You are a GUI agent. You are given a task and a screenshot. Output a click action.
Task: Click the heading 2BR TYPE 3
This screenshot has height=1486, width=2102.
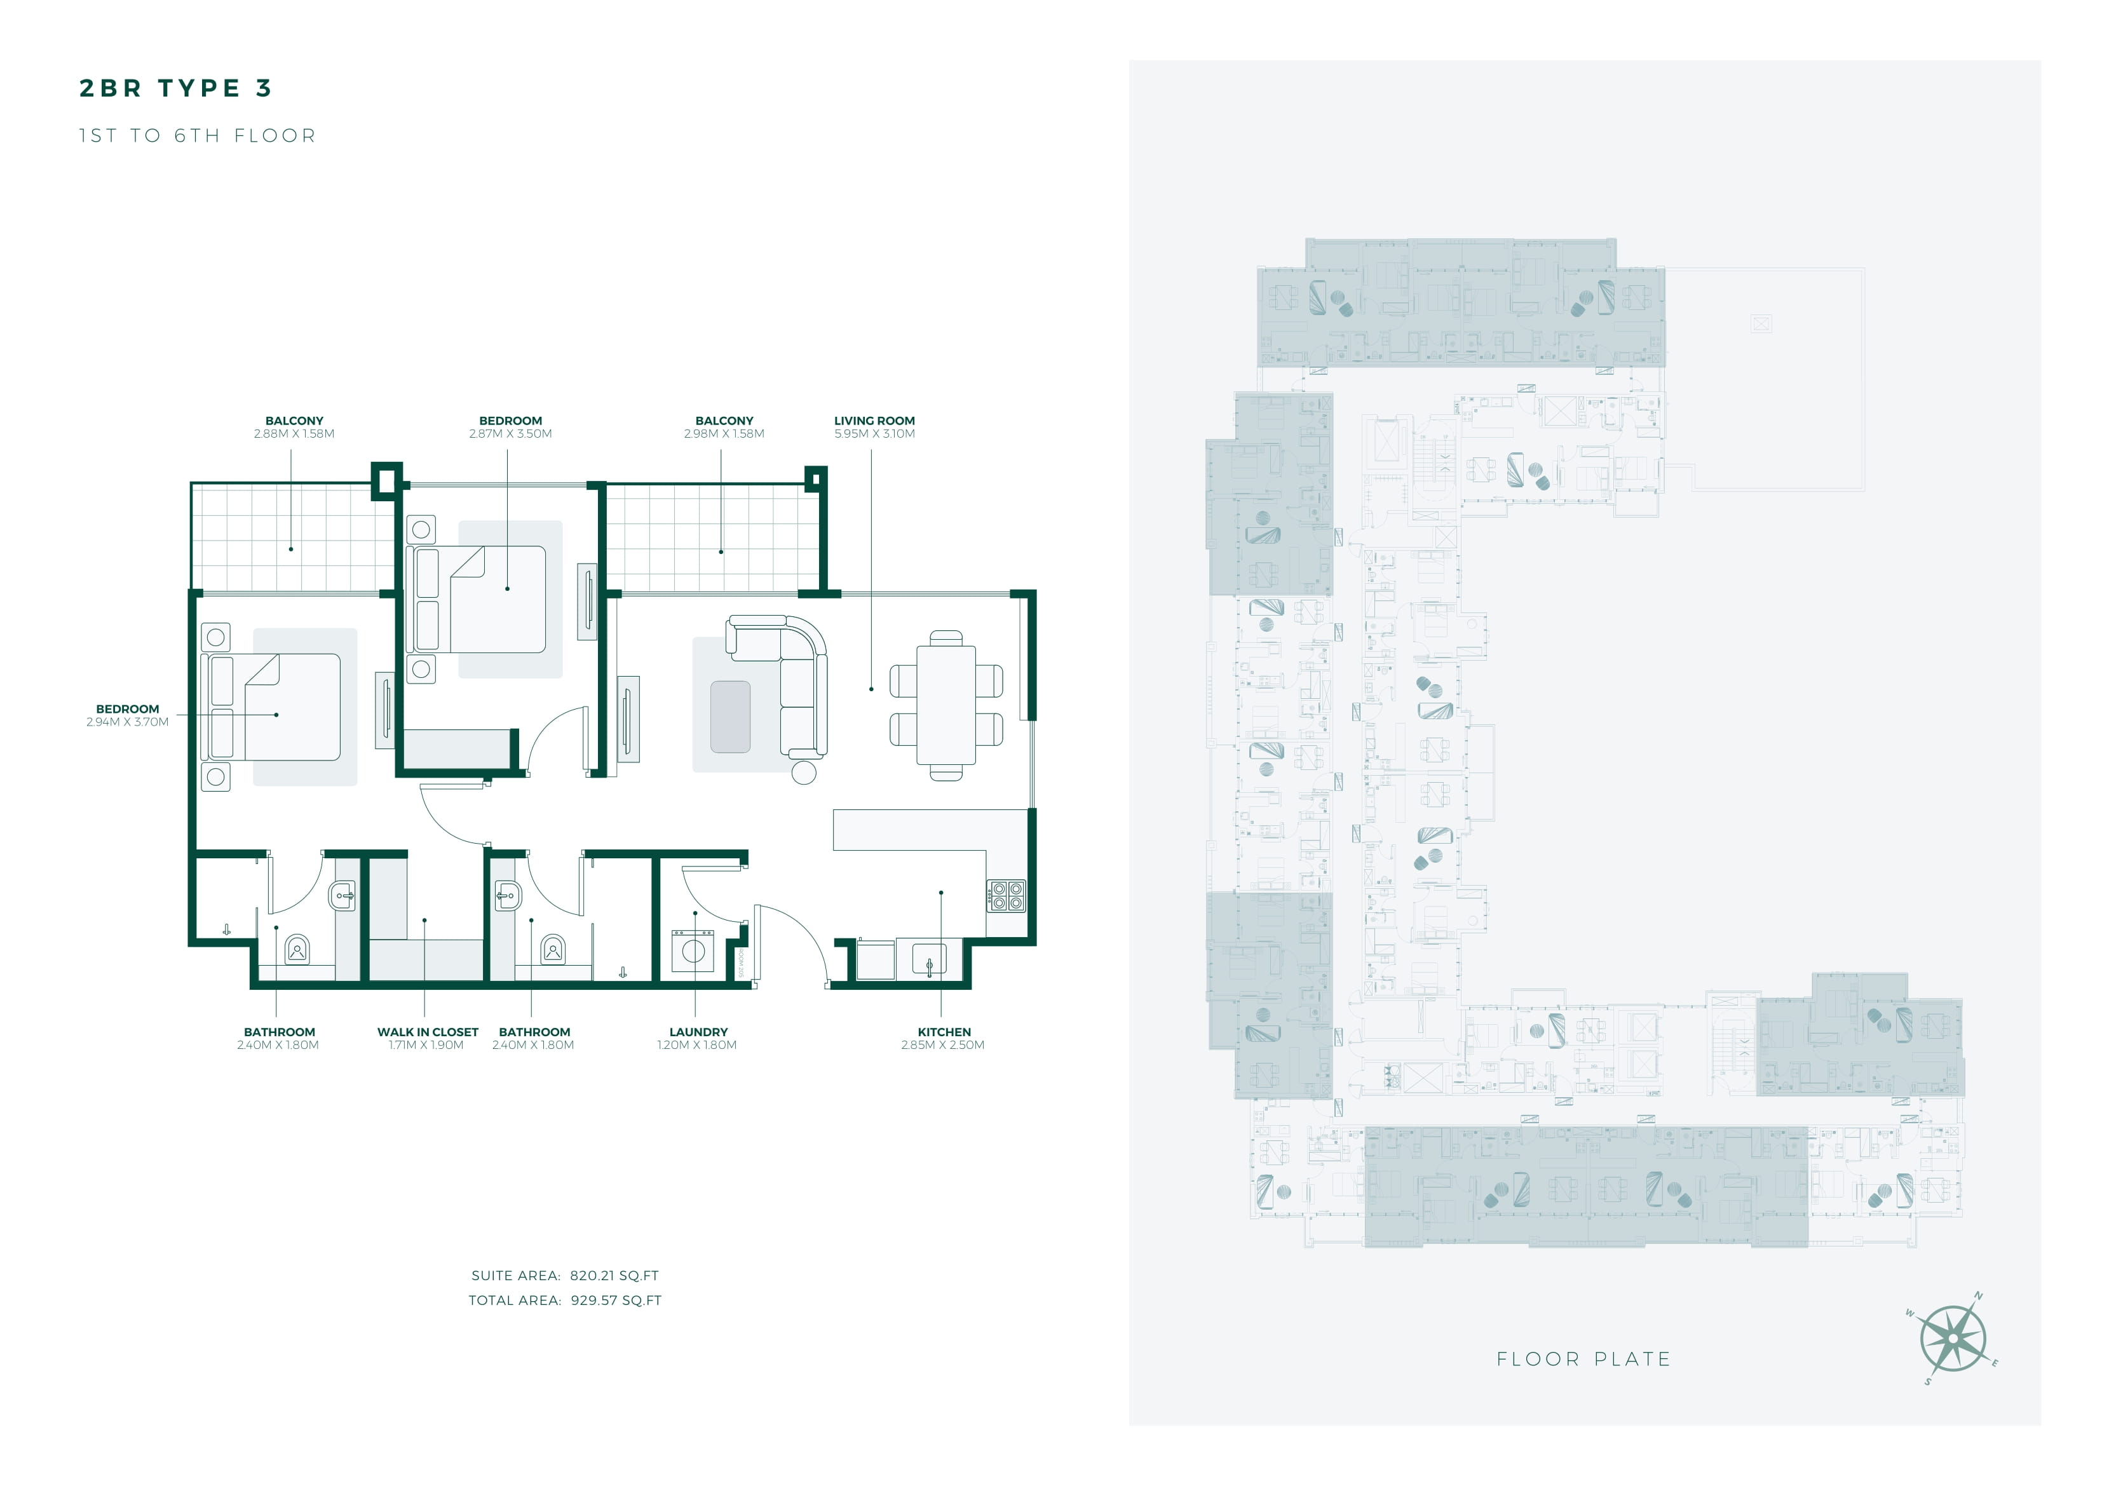(x=176, y=88)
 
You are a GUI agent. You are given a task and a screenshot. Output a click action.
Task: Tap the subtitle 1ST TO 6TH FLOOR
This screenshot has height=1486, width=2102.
(x=198, y=135)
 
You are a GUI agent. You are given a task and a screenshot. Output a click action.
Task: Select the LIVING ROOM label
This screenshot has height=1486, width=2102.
(x=874, y=420)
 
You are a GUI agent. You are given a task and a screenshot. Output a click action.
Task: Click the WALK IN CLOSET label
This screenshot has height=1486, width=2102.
(x=428, y=1032)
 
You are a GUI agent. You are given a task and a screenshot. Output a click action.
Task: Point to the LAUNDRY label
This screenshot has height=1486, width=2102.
(x=698, y=1032)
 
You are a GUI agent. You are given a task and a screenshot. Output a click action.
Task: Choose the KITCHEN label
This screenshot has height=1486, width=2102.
(x=944, y=1032)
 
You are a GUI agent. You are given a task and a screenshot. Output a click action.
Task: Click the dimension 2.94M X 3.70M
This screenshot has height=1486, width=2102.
(x=127, y=722)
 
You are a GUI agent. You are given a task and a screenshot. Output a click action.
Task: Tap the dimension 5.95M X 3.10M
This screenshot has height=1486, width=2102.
(x=874, y=433)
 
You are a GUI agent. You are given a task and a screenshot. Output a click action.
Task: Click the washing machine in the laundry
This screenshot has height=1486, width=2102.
(x=693, y=950)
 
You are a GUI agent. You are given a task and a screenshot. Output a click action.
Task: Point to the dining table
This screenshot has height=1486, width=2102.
(x=946, y=705)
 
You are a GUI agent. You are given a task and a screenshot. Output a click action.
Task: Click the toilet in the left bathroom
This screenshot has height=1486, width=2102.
(x=297, y=949)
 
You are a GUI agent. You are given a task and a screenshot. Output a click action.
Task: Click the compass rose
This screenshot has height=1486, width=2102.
(x=1953, y=1339)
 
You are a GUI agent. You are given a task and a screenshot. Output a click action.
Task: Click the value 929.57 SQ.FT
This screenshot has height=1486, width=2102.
(x=615, y=1300)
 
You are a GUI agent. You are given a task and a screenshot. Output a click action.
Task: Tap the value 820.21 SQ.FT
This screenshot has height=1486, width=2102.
(x=614, y=1276)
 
